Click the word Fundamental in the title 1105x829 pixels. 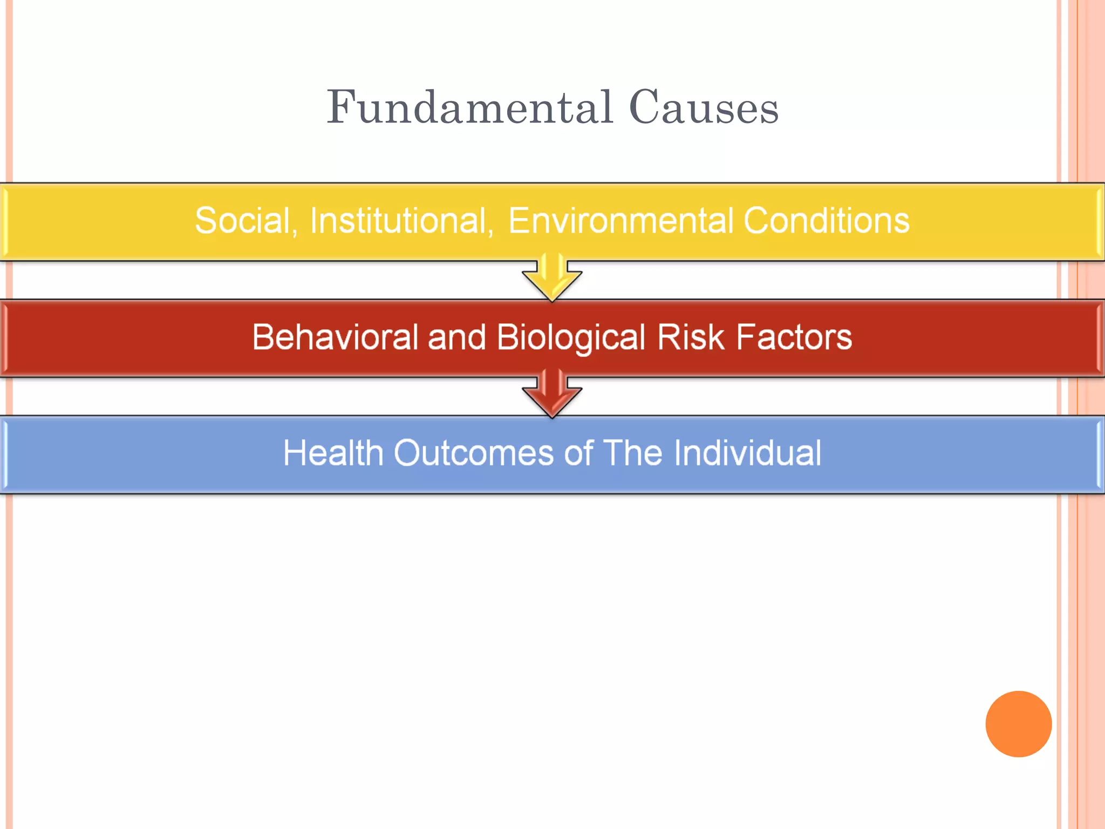tap(469, 107)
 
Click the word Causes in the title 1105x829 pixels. tap(704, 107)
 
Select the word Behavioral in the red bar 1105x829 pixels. tap(335, 337)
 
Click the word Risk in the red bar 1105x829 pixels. tap(690, 337)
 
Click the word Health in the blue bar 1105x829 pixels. tap(333, 453)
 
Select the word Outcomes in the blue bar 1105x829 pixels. tap(473, 453)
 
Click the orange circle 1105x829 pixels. tap(1018, 724)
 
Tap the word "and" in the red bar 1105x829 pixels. tap(456, 337)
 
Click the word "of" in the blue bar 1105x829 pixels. tap(578, 453)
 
